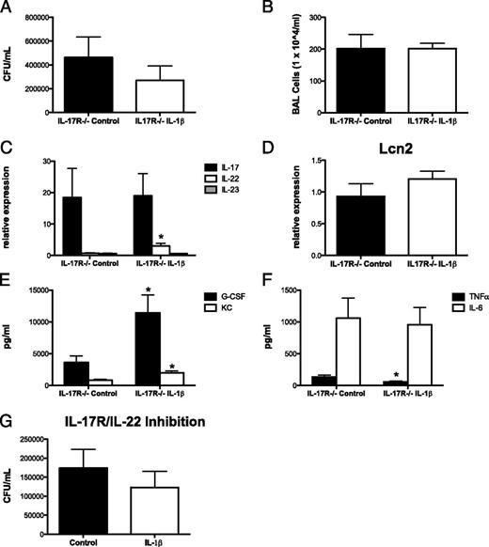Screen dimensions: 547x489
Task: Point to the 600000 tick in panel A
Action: click(x=37, y=41)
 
